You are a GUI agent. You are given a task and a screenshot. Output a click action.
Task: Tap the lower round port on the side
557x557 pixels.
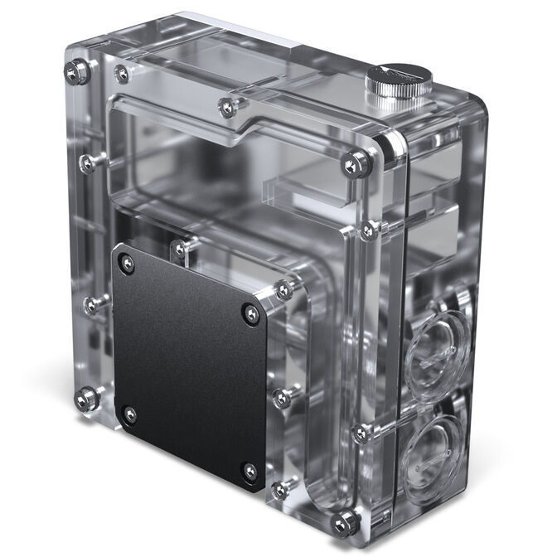[432, 448]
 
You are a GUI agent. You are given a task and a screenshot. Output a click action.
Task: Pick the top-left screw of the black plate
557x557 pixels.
[127, 264]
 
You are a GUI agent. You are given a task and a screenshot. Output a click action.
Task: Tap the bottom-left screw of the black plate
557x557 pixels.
[128, 411]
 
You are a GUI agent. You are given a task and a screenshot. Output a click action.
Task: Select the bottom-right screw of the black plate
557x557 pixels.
[249, 472]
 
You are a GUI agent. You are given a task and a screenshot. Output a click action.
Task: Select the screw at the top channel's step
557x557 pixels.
[226, 104]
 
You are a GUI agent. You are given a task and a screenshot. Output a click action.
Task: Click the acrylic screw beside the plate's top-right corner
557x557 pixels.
[283, 290]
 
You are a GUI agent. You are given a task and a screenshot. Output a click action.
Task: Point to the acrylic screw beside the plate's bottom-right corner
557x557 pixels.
[280, 489]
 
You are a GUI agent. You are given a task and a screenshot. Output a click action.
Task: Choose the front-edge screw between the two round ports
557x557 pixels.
[359, 432]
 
